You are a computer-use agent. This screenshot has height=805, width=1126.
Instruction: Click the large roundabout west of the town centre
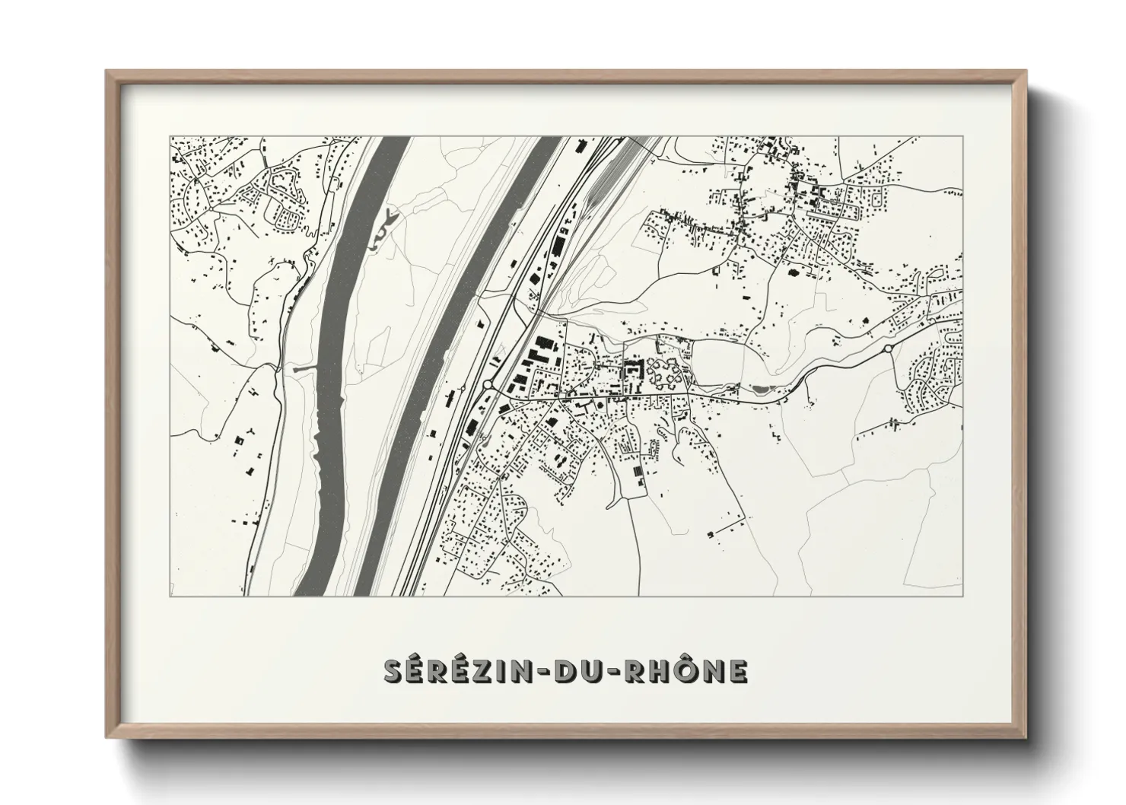[487, 385]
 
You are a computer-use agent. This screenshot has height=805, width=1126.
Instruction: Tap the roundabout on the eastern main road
[888, 348]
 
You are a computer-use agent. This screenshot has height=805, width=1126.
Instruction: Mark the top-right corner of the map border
[963, 137]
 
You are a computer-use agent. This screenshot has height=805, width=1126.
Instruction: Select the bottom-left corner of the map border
[170, 596]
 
